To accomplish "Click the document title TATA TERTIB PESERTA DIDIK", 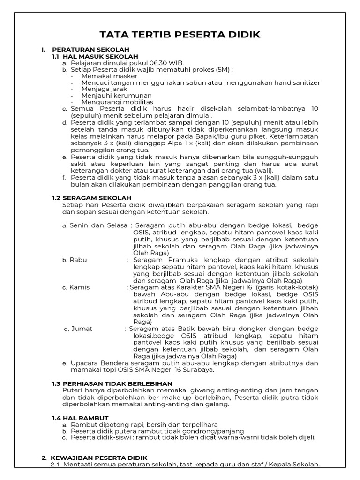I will tap(180, 35).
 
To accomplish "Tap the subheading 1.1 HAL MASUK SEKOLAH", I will tap(96, 56).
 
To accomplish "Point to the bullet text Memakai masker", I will tap(109, 76).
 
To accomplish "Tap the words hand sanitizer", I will tap(295, 82).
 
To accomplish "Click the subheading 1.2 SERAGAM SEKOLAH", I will tap(92, 198).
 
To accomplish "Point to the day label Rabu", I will tap(78, 260).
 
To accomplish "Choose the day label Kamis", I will tap(80, 287).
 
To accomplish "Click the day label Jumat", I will tap(82, 329).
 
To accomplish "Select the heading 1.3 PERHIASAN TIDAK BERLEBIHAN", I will tap(112, 383).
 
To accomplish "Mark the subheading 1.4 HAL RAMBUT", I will tap(80, 417).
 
